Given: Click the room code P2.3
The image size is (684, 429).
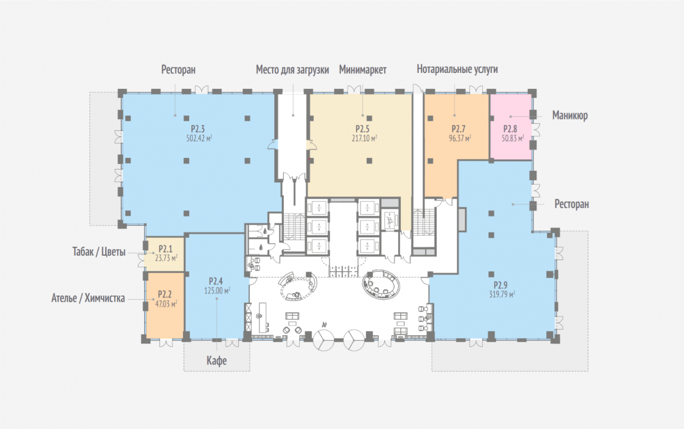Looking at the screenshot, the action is tap(197, 129).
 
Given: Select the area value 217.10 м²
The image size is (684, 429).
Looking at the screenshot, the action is tap(364, 138).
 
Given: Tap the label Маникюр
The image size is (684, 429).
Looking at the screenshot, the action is tap(570, 115).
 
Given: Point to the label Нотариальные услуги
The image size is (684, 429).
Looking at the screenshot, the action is tap(457, 69).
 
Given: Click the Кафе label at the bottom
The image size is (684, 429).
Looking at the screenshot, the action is tap(217, 361).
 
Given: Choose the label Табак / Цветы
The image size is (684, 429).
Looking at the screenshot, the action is tap(99, 252).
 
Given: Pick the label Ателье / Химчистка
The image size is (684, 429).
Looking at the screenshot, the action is tap(88, 298).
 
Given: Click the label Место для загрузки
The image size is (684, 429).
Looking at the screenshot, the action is tap(292, 70).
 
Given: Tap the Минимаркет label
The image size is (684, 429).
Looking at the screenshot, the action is tap(363, 70).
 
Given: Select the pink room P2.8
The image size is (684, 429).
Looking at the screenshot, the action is tap(510, 127).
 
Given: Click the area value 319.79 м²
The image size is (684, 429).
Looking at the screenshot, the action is tap(502, 294).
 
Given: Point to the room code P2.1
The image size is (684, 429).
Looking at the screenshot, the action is tap(165, 249).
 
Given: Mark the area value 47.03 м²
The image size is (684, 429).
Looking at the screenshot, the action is tap(166, 304).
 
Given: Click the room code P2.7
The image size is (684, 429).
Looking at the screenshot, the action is tap(458, 129).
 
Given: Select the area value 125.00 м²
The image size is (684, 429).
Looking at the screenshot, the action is tap(217, 290).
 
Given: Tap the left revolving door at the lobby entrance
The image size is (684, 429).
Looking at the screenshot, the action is tap(323, 340).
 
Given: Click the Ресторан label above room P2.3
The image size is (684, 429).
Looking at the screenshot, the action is tap(179, 70).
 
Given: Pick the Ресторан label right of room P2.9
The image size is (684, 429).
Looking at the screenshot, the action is tap(572, 204).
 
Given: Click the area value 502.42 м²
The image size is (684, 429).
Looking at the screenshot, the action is tap(199, 138).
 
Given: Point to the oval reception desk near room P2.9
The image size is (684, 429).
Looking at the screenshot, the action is tap(381, 284).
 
